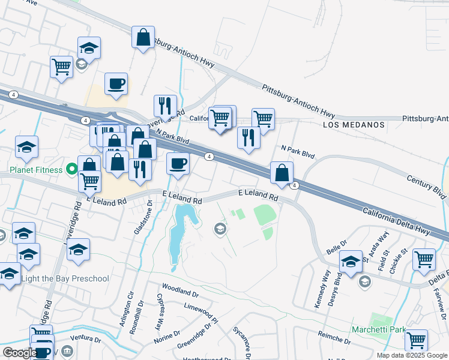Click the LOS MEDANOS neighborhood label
click(x=353, y=125)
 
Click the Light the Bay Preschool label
click(x=65, y=278)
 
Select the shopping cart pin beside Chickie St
click(x=424, y=259)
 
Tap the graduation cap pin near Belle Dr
click(x=351, y=261)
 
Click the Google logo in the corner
click(x=19, y=353)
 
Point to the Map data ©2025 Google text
click(x=411, y=355)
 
